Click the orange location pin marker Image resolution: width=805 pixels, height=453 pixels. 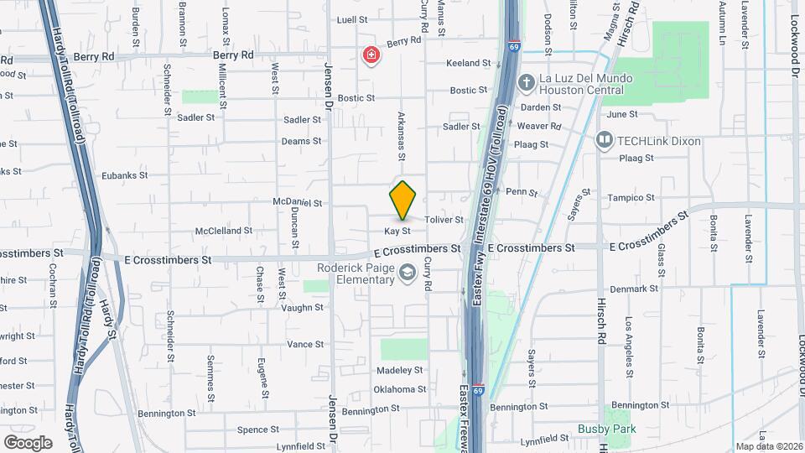[403, 200]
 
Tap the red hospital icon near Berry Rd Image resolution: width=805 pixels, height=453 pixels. [371, 56]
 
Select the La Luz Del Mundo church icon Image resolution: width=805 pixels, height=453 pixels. [526, 83]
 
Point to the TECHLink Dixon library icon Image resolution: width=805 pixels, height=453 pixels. [605, 141]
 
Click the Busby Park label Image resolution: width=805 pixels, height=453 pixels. [606, 429]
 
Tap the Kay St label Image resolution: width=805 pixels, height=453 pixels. [397, 231]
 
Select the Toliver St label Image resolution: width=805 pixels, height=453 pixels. [444, 220]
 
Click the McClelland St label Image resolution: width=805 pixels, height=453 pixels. [224, 231]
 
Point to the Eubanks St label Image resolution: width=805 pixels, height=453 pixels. [124, 176]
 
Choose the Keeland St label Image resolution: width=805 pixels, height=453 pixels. [468, 63]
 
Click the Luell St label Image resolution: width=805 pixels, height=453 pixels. [352, 19]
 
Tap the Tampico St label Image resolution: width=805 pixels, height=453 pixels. [630, 198]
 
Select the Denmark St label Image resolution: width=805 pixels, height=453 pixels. [635, 289]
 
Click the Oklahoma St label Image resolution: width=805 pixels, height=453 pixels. [399, 389]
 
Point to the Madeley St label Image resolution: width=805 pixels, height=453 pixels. [398, 370]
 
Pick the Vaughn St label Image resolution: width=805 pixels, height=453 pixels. [302, 308]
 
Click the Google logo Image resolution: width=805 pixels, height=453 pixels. [28, 442]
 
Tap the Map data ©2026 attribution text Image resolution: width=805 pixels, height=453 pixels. [768, 446]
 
